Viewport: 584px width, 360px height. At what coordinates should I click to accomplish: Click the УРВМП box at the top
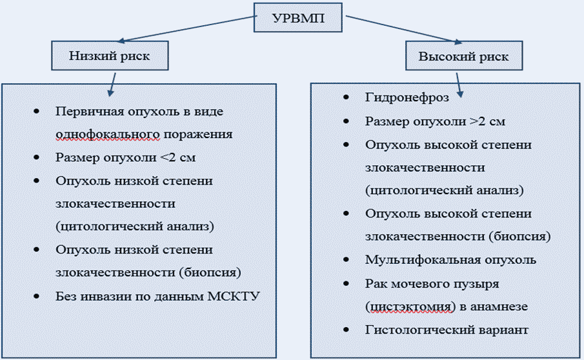pyautogui.click(x=297, y=17)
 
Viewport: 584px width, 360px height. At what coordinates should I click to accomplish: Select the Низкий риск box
pyautogui.click(x=110, y=56)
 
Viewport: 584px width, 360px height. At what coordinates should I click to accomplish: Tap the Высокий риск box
pyautogui.click(x=464, y=56)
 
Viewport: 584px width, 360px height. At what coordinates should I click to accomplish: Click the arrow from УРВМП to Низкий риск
pyautogui.click(x=187, y=28)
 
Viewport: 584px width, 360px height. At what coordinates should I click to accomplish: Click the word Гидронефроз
pyautogui.click(x=407, y=97)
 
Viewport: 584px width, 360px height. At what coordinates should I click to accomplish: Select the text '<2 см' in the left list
pyautogui.click(x=177, y=157)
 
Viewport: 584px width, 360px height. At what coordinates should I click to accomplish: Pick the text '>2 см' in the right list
pyautogui.click(x=488, y=121)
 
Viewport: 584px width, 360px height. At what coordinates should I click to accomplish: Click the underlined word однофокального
pyautogui.click(x=108, y=134)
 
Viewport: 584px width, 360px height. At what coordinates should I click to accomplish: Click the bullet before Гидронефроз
pyautogui.click(x=347, y=97)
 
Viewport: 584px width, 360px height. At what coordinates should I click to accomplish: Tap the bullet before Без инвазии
pyautogui.click(x=37, y=296)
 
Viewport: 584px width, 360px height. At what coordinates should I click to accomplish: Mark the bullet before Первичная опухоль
pyautogui.click(x=37, y=112)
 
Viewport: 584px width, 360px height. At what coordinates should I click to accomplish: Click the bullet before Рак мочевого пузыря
pyautogui.click(x=347, y=284)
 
